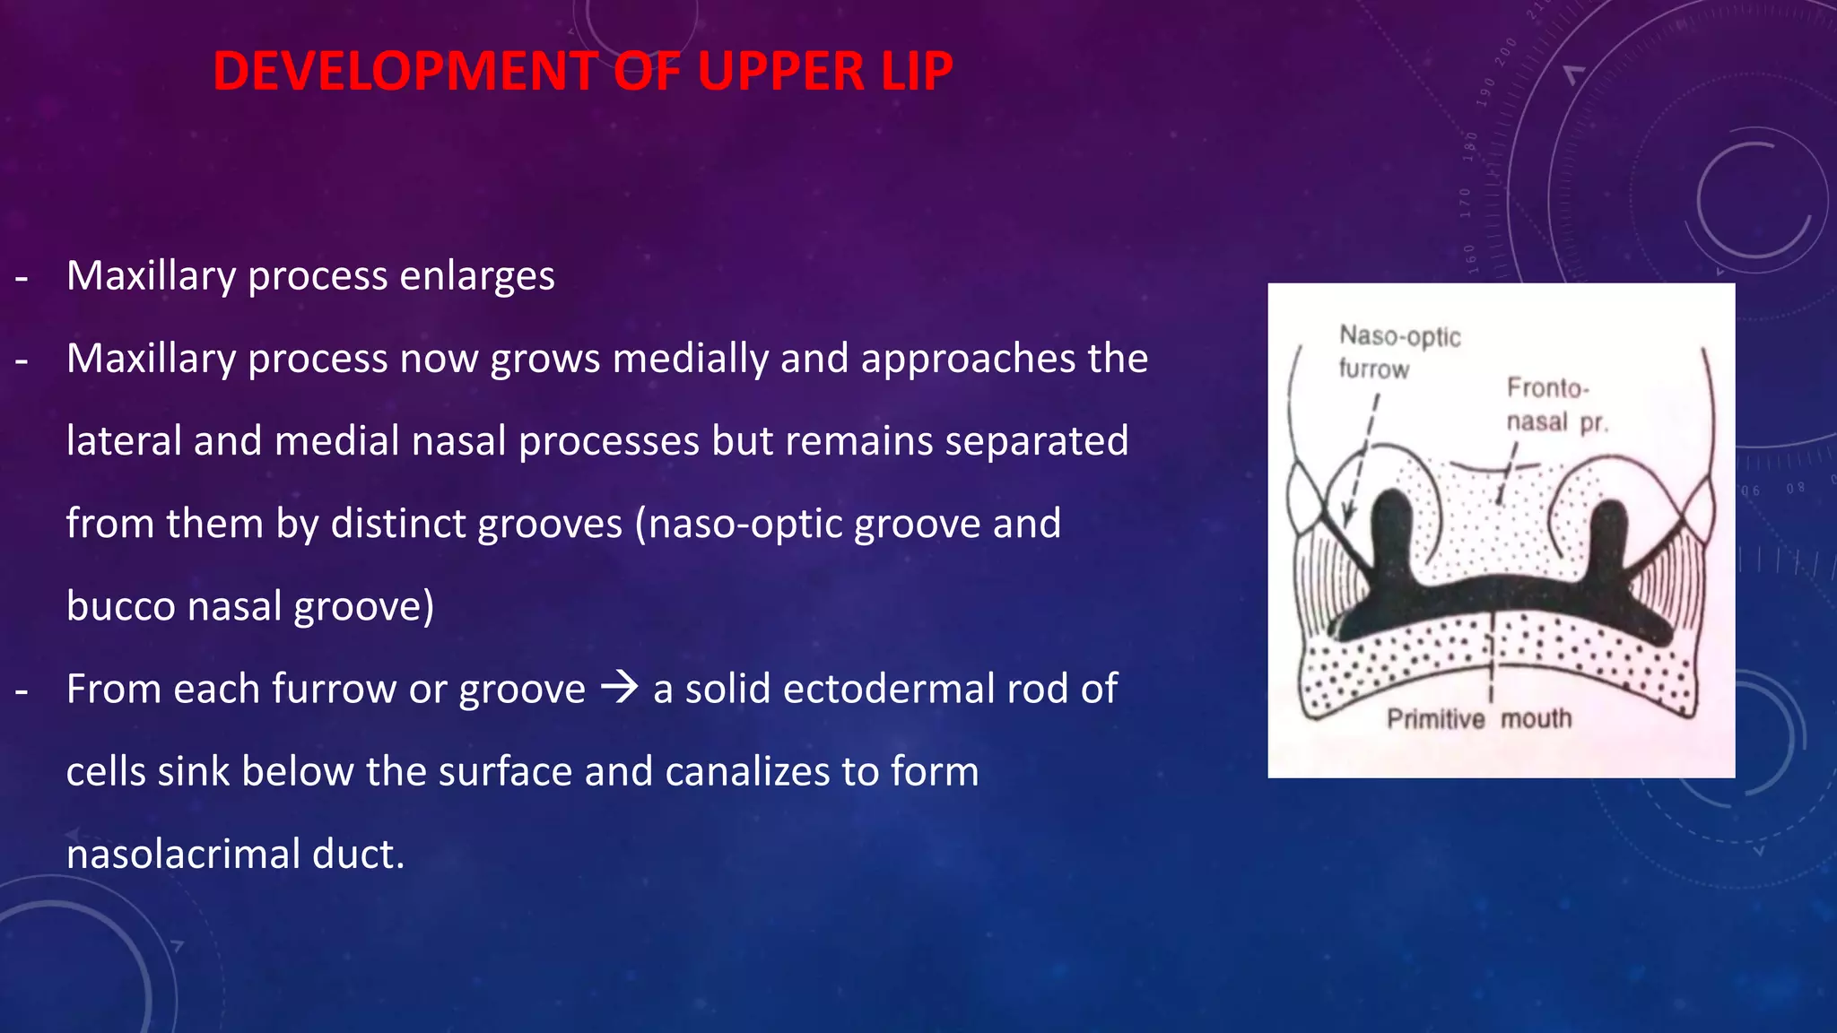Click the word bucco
[x=121, y=606]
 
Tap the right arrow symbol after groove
[x=619, y=688]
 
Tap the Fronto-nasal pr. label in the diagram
[x=1555, y=404]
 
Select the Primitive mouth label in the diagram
[x=1478, y=719]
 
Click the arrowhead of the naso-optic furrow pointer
[x=1346, y=518]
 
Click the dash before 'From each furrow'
[x=22, y=690]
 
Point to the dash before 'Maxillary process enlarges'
[x=22, y=278]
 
